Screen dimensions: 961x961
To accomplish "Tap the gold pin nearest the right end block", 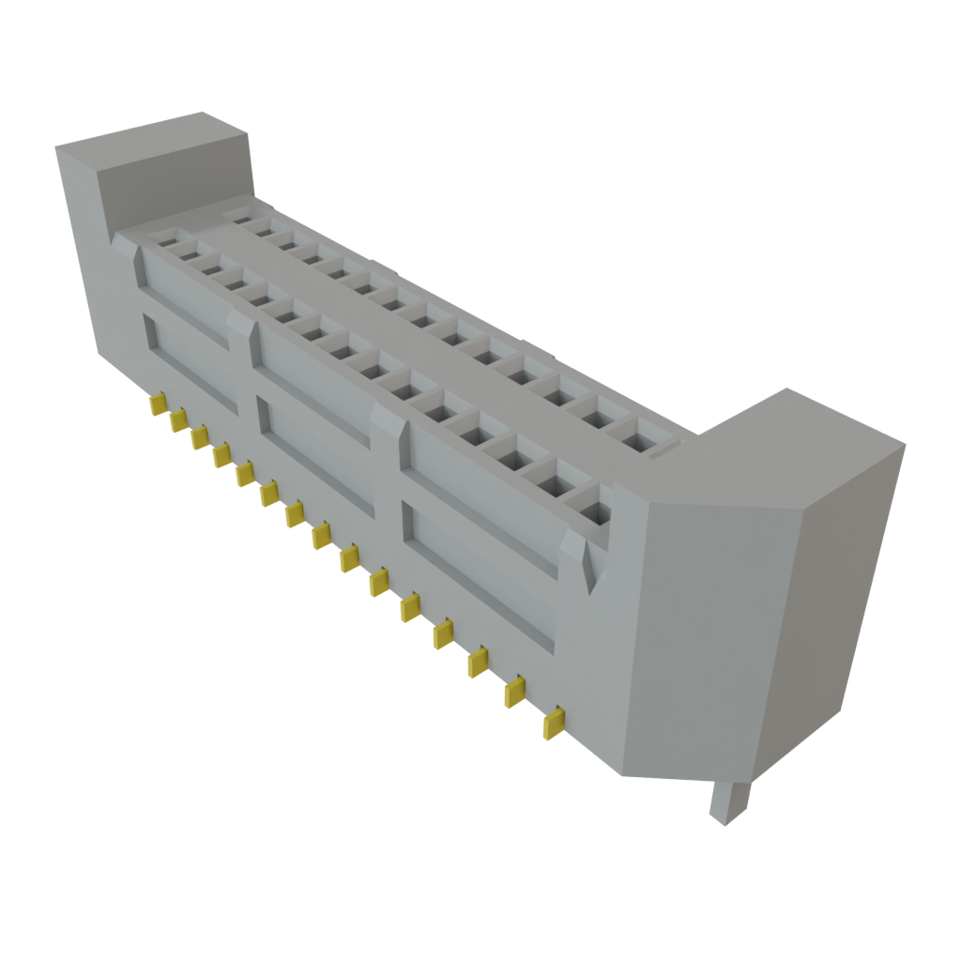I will coord(554,723).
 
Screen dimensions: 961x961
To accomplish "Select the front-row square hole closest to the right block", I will coord(594,512).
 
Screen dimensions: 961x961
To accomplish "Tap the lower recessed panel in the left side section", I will coord(188,360).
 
